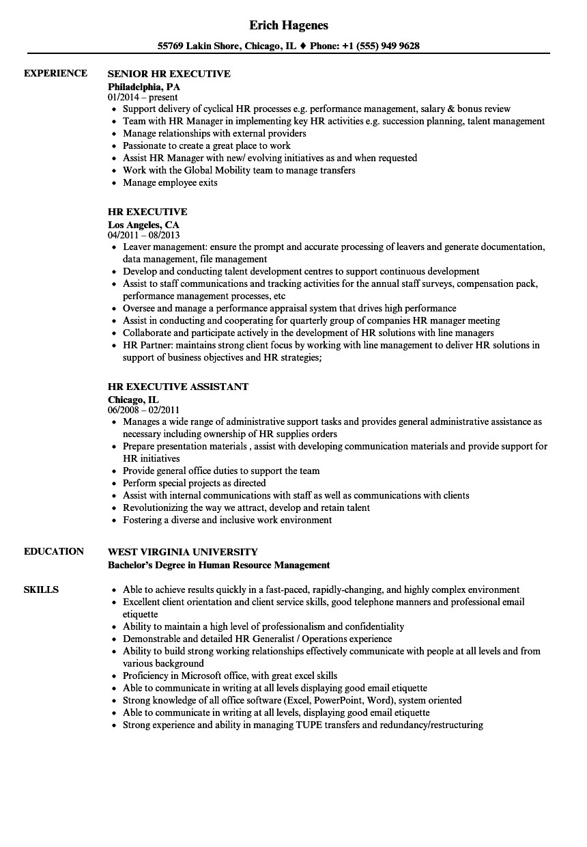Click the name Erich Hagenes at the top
click(289, 25)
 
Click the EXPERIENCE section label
click(55, 73)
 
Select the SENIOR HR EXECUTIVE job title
click(169, 73)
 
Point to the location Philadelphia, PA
click(144, 87)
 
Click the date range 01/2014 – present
click(143, 98)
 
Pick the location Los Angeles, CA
click(143, 224)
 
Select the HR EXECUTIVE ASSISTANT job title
click(178, 387)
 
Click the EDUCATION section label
click(54, 551)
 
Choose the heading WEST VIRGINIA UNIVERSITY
click(183, 551)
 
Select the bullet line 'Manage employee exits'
click(170, 182)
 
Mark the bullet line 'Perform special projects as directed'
click(195, 483)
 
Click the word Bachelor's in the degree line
click(130, 565)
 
